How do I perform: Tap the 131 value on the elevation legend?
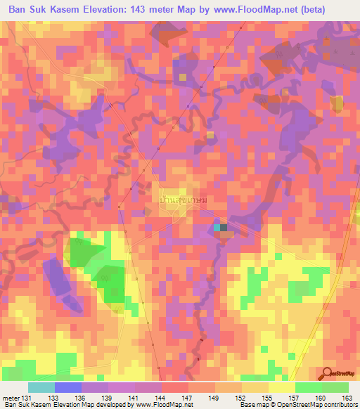27,398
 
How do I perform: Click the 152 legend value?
229,398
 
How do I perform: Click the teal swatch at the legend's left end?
41,387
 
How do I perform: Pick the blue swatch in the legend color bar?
68,387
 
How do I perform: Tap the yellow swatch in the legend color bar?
281,387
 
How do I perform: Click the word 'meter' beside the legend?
10,398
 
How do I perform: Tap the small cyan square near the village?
217,227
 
